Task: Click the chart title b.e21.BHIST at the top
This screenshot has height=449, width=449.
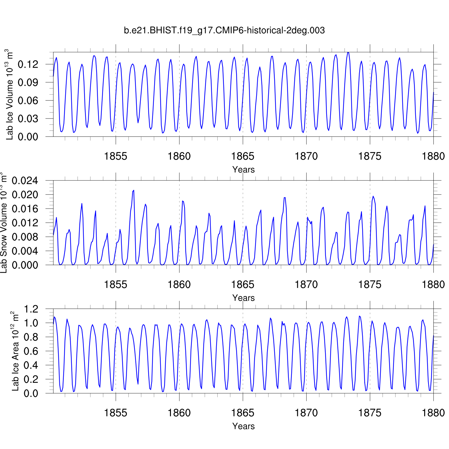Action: [x=224, y=30]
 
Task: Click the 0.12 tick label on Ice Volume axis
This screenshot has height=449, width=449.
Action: [x=28, y=64]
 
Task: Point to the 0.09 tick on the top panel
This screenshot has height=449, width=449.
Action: [x=28, y=82]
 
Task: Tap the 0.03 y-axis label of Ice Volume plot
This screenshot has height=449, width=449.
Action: [x=28, y=119]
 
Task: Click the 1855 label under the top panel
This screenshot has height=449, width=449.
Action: [x=116, y=156]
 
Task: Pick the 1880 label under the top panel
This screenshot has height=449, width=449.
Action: [x=433, y=156]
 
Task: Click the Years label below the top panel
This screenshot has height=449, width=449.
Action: [x=243, y=169]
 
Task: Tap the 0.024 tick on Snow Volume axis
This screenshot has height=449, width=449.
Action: [x=25, y=180]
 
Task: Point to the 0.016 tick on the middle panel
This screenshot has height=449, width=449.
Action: [x=25, y=209]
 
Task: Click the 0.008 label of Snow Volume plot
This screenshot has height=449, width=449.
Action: [x=25, y=237]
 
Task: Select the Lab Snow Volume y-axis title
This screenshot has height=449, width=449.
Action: [x=4, y=223]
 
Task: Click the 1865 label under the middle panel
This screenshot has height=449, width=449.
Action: [x=243, y=284]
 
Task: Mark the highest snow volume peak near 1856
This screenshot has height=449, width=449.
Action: [x=134, y=190]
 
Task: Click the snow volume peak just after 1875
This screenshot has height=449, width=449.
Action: [x=373, y=196]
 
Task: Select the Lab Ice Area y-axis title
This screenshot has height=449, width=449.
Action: [x=15, y=351]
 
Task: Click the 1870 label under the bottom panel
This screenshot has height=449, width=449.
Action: [x=306, y=413]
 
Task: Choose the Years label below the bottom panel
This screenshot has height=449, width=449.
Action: [x=243, y=426]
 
